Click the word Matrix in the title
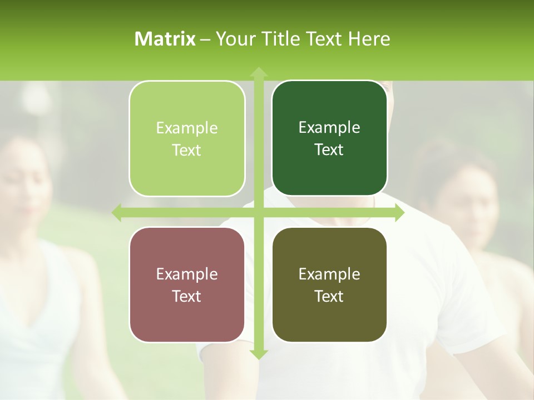pos(165,39)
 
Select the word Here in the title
pos(369,39)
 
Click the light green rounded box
pos(187,138)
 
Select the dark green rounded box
pos(329,138)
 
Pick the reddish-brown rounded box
pos(187,284)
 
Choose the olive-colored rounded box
pos(329,284)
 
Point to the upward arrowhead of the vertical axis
pos(259,72)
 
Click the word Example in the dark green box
pos(329,128)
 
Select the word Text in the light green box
pos(186,151)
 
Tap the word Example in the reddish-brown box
pos(187,274)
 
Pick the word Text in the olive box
pos(329,297)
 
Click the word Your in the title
pos(233,39)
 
